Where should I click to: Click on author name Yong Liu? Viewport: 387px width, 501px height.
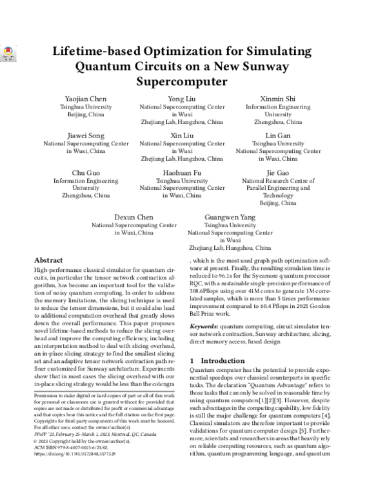183,98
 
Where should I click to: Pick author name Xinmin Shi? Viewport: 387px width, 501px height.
278,98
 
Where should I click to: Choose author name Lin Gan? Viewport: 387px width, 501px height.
278,135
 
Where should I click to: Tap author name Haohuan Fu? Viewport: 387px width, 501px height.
183,172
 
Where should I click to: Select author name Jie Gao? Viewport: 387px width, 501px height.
278,172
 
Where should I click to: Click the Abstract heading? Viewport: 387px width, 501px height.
48,258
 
